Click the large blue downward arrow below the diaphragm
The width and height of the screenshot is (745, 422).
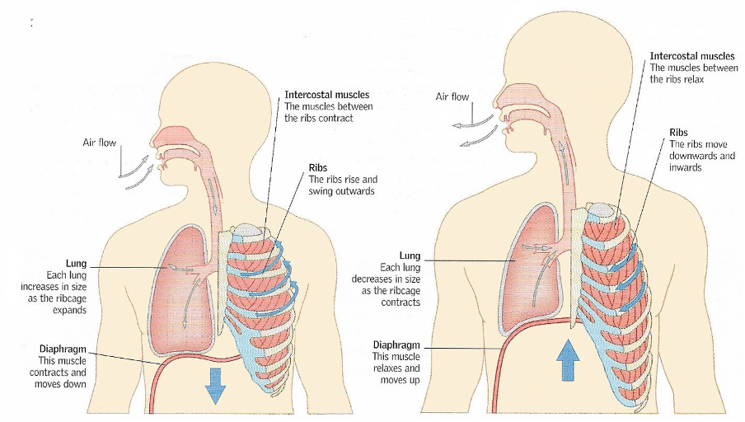click(x=215, y=386)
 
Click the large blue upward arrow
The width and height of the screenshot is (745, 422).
click(x=568, y=359)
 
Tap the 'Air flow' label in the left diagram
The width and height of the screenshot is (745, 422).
click(x=99, y=142)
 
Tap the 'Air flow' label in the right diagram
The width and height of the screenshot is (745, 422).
click(x=452, y=96)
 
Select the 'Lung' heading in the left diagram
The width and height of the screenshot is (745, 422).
click(x=76, y=263)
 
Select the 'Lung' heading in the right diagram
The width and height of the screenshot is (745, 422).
click(x=410, y=256)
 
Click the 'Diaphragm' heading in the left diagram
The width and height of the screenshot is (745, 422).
click(x=63, y=349)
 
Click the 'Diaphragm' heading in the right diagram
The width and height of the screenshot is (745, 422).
click(x=396, y=345)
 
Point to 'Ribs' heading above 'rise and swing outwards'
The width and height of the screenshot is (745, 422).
click(x=318, y=168)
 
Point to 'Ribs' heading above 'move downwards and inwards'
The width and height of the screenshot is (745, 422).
click(x=678, y=133)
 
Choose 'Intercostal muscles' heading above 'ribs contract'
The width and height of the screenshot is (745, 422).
click(x=327, y=95)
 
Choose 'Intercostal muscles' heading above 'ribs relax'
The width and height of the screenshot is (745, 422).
click(x=692, y=56)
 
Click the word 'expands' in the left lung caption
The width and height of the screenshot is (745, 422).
click(x=69, y=311)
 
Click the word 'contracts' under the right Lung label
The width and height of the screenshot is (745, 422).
click(x=401, y=302)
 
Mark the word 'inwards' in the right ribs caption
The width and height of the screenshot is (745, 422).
click(x=686, y=167)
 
